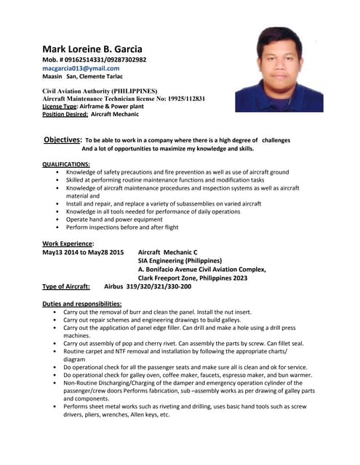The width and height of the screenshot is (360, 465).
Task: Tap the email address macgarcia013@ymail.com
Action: click(x=81, y=68)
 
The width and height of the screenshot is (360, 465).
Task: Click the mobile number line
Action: click(x=94, y=59)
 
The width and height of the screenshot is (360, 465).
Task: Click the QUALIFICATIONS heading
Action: click(x=66, y=164)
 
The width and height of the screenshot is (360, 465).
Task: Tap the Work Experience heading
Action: click(x=68, y=243)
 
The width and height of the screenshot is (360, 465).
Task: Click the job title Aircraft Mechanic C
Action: click(x=167, y=252)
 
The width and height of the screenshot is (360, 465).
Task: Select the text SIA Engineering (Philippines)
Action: click(x=180, y=261)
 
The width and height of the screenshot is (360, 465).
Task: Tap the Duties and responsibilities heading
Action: click(x=81, y=304)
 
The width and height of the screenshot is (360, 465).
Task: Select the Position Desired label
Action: click(x=65, y=114)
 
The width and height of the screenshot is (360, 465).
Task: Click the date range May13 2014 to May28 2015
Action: click(x=83, y=252)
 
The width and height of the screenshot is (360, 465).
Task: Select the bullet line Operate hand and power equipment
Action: click(x=114, y=219)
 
